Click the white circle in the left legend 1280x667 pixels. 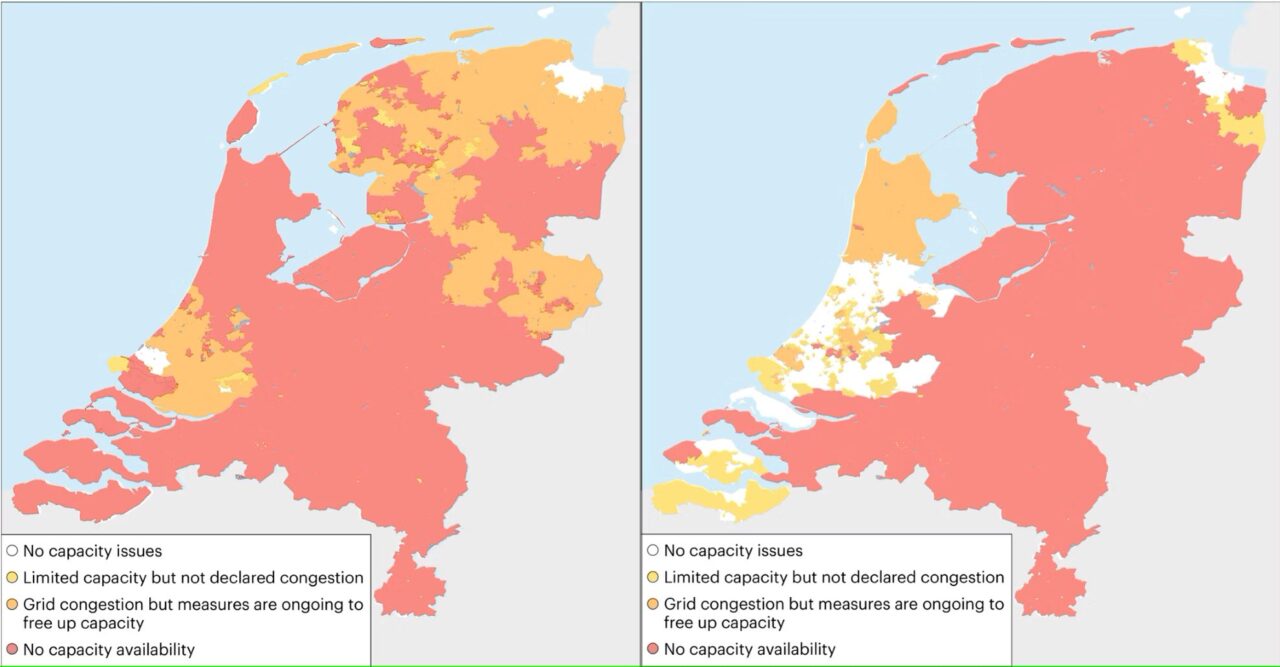[12, 550]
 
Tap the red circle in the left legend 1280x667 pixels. [12, 650]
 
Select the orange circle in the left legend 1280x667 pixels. [12, 604]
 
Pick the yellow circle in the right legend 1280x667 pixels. [652, 577]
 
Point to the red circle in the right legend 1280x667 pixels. [652, 649]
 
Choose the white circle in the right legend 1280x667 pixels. [652, 550]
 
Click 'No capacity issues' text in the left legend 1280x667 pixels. [92, 550]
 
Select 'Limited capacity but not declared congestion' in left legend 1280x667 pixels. [193, 577]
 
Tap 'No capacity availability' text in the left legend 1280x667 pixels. [108, 650]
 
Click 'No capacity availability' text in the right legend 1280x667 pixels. [749, 649]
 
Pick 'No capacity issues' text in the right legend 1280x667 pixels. [733, 550]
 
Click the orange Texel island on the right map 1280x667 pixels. [882, 120]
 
